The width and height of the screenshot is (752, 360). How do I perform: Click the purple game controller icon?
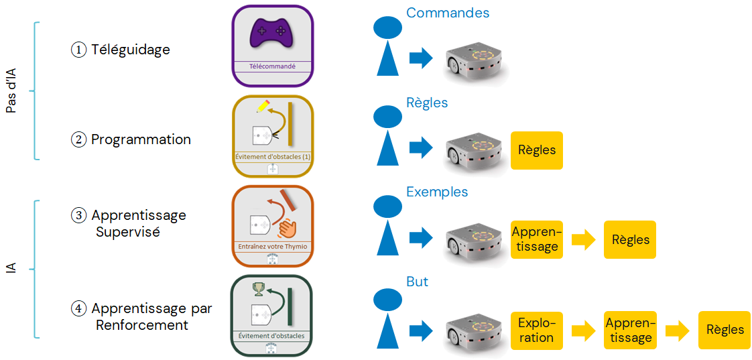click(x=272, y=34)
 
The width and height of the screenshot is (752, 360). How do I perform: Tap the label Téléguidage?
click(x=131, y=50)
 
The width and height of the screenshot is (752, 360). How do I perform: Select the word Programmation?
click(x=141, y=139)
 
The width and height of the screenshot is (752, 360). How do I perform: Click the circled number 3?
click(x=79, y=216)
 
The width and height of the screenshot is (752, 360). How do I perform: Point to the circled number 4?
click(x=79, y=309)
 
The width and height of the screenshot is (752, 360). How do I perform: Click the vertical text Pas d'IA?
click(x=11, y=90)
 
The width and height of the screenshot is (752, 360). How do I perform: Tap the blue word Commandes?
click(x=448, y=13)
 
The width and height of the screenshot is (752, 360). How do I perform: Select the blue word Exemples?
click(x=437, y=192)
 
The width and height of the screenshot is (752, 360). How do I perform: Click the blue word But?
click(x=417, y=282)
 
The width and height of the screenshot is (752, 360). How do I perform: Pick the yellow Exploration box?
click(x=536, y=330)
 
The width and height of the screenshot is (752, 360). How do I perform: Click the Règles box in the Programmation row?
click(x=537, y=150)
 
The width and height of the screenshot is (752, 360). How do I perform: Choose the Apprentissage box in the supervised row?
click(x=536, y=239)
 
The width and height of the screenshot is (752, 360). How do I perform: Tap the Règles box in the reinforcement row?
click(x=725, y=330)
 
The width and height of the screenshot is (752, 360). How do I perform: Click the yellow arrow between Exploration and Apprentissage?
click(x=583, y=330)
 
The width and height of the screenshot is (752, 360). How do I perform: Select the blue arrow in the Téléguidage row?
click(x=421, y=58)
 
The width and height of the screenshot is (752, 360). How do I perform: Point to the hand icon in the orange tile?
click(x=286, y=229)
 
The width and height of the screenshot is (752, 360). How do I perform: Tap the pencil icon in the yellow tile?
click(x=263, y=107)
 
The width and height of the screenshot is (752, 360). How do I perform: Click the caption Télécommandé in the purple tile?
click(x=272, y=66)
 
